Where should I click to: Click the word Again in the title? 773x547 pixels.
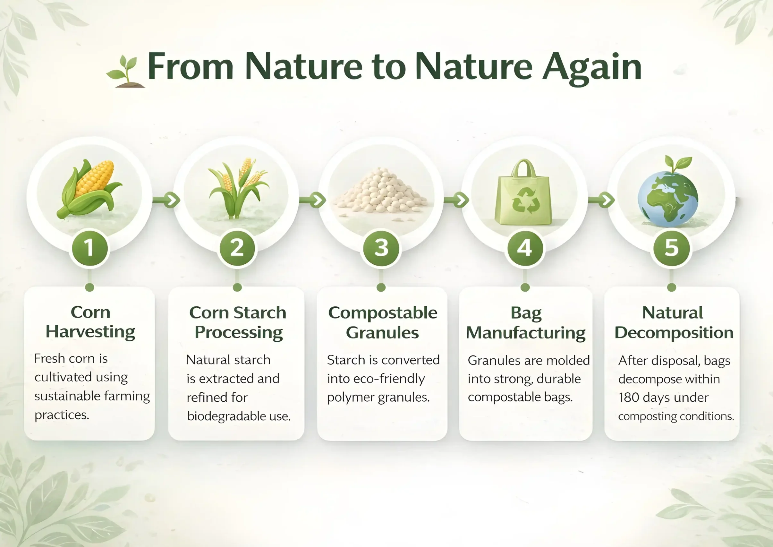tap(591, 68)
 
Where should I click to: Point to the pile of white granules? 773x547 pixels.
tap(381, 193)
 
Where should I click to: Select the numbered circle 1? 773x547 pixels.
tap(89, 248)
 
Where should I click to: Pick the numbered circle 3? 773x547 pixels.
tap(381, 248)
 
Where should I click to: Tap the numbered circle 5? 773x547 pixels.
tap(672, 248)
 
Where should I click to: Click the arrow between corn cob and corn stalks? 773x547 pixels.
tap(166, 200)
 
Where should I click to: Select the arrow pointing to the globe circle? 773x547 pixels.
tap(601, 200)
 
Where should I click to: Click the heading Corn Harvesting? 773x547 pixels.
tap(90, 322)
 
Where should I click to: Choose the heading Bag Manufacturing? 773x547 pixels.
tap(526, 323)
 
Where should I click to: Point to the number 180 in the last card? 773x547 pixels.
tap(629, 397)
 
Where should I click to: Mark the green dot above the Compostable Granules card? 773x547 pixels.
tap(381, 287)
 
